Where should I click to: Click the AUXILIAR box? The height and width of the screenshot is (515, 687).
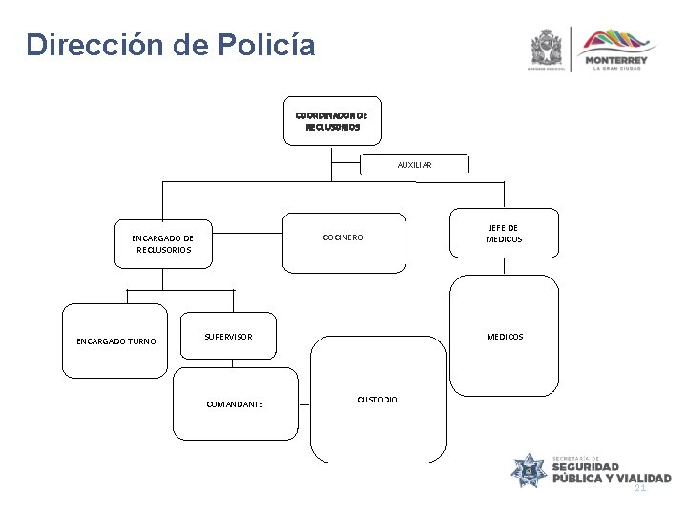click(x=414, y=165)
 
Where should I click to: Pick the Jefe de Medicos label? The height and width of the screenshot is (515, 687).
click(x=505, y=233)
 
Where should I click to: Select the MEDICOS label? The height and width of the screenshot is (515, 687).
click(x=505, y=337)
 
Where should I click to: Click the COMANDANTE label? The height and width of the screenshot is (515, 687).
click(x=236, y=404)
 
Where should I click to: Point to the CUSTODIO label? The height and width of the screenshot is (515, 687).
click(x=378, y=398)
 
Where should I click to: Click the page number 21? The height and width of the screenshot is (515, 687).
click(x=640, y=487)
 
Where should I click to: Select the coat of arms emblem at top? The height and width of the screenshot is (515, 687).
click(x=550, y=47)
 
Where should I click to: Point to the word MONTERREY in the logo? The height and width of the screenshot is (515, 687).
click(x=619, y=60)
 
